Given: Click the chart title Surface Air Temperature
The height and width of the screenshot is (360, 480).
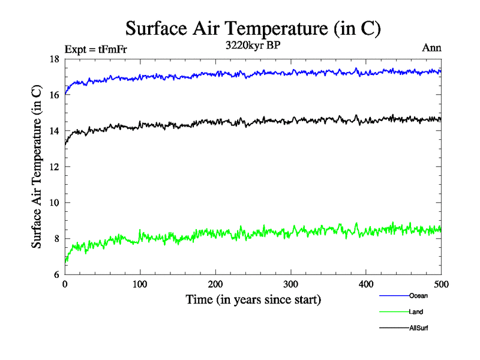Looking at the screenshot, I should pos(253,28).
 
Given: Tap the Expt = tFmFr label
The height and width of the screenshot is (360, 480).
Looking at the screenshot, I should pos(95,49).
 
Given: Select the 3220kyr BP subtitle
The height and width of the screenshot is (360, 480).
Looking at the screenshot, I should pos(253,46).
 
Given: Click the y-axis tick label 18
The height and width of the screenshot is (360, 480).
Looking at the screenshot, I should pos(54,59).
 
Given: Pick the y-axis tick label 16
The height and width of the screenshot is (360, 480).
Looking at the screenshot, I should pos(54,95).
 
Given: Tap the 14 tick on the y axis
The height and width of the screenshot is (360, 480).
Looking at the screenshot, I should pos(54,131).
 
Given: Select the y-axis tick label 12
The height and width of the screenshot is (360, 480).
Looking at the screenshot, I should pos(54,167).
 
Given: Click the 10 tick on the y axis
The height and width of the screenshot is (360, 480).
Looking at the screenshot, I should pos(54,203).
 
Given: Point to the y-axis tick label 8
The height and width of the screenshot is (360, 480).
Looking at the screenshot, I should pos(56,239).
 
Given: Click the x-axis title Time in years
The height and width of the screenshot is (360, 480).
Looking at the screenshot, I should pos(253,299).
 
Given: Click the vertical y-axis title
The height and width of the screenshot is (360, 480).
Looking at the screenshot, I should pos(37,167).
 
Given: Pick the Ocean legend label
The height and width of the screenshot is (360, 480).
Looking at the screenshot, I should pos(418,296).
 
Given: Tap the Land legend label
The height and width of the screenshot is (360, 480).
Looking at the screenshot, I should pos(416,312).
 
